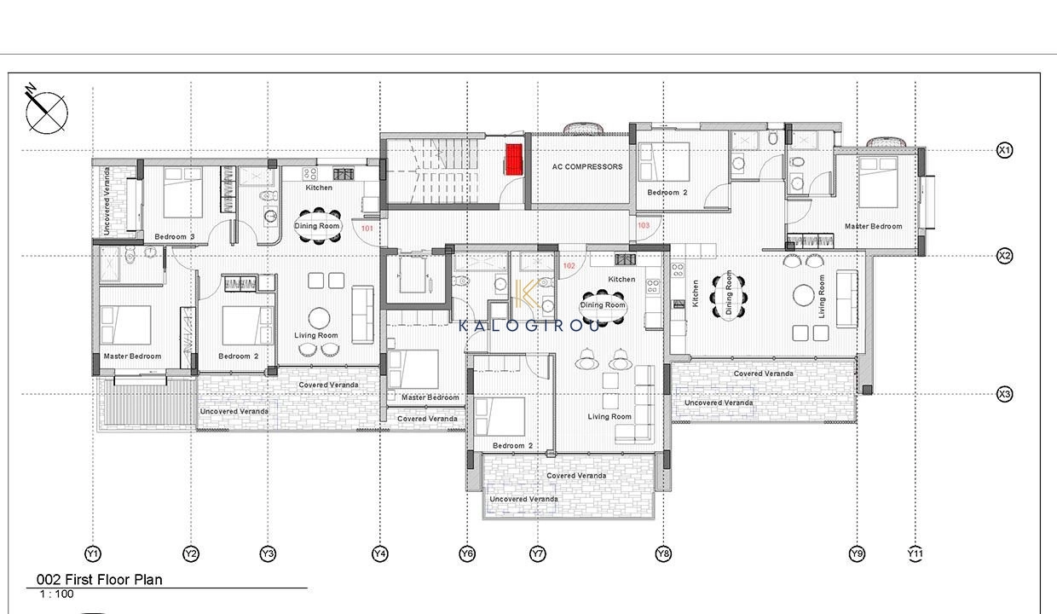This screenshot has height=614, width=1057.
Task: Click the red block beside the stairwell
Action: [x=514, y=159]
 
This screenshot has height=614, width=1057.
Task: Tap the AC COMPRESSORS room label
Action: [x=587, y=166]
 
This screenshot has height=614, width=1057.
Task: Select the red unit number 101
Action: [x=367, y=229]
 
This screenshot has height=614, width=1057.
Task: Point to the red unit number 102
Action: [x=569, y=266]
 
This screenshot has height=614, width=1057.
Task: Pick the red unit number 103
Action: [x=644, y=225]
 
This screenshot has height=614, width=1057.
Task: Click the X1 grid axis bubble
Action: [x=1005, y=151]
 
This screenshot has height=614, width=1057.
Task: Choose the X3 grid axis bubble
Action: [x=1005, y=394]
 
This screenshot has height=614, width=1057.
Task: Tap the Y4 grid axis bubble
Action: [x=380, y=553]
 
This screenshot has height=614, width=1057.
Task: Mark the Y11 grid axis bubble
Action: [x=915, y=553]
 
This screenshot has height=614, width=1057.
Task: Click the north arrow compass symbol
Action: [x=46, y=110]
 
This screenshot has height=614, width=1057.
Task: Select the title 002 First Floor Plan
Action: [x=99, y=580]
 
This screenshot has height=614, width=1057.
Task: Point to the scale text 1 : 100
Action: [x=56, y=594]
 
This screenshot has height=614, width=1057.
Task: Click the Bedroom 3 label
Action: [x=175, y=236]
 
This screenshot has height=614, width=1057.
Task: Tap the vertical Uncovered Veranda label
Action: [x=107, y=201]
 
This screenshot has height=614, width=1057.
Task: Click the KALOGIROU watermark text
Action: [x=529, y=325]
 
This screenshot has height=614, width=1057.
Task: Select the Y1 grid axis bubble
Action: [x=93, y=553]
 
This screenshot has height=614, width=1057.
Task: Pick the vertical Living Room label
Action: [x=822, y=297]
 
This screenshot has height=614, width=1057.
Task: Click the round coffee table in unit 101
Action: [x=319, y=318]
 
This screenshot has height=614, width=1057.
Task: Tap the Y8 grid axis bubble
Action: [x=663, y=553]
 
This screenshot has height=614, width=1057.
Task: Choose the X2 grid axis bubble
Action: [x=1005, y=256]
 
